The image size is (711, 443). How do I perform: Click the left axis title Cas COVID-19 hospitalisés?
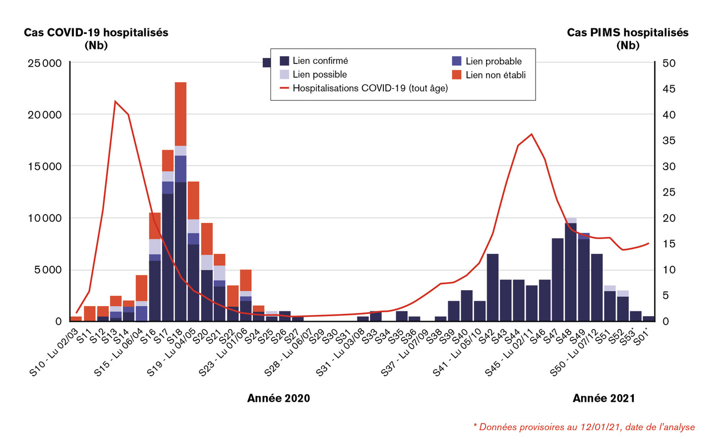pyautogui.click(x=96, y=33)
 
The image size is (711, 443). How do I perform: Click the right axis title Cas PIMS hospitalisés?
pyautogui.click(x=627, y=33)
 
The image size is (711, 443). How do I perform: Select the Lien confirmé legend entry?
pyautogui.click(x=320, y=61)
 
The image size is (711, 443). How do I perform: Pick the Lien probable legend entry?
pyautogui.click(x=493, y=61)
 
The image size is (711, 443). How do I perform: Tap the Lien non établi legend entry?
pyautogui.click(x=495, y=74)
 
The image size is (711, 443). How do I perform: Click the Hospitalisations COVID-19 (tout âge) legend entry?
pyautogui.click(x=370, y=88)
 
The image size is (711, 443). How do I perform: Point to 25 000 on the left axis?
pyautogui.click(x=44, y=63)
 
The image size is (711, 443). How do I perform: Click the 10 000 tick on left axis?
pyautogui.click(x=44, y=218)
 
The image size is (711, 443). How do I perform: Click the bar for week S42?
pyautogui.click(x=493, y=287)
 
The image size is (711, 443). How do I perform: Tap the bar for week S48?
pyautogui.click(x=570, y=272)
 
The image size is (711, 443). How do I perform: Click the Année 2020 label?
pyautogui.click(x=278, y=399)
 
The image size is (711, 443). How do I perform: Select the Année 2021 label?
pyautogui.click(x=603, y=399)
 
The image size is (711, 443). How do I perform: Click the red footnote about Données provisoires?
pyautogui.click(x=583, y=426)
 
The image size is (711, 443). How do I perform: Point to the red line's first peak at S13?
pyautogui.click(x=115, y=101)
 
